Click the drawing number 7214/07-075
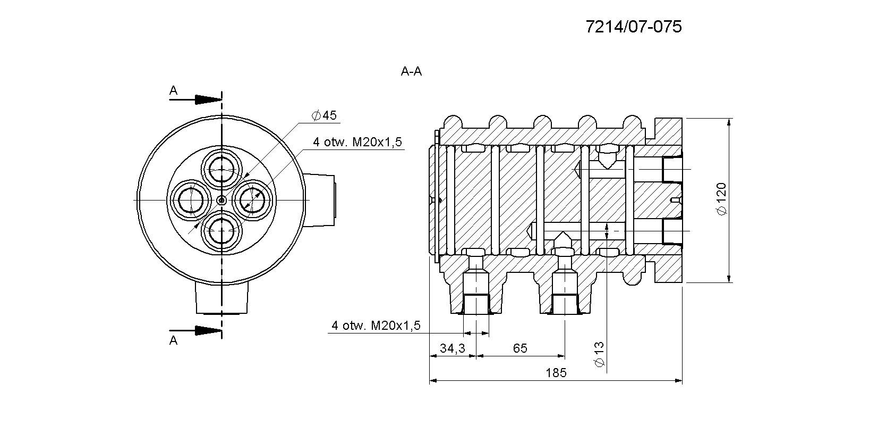point(633,27)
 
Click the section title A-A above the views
point(411,72)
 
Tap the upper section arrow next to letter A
point(207,99)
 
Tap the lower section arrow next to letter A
point(207,331)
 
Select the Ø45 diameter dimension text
point(325,115)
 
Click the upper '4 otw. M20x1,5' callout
point(357,143)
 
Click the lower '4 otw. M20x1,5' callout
point(376,326)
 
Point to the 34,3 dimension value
point(453,348)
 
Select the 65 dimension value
point(520,348)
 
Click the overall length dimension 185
point(556,373)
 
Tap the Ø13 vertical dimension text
point(599,354)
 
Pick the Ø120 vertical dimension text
point(721,199)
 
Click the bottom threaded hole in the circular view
point(221,231)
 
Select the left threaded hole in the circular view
point(190,201)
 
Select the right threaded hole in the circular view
point(252,201)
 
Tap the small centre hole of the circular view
point(221,201)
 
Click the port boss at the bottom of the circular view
point(221,297)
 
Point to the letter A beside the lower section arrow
point(173,341)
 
